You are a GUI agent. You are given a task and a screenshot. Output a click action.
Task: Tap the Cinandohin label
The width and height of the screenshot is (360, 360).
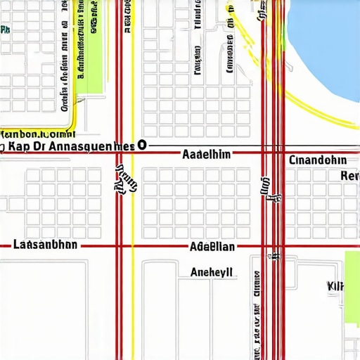(318, 160)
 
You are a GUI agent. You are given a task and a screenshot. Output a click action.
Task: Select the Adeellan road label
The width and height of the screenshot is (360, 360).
(213, 247)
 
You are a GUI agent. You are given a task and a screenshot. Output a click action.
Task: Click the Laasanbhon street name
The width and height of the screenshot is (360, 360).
(46, 245)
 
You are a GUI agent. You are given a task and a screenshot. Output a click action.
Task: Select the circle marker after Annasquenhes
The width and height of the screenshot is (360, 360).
(143, 145)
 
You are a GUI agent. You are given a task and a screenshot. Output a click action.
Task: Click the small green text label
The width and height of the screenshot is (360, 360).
(6, 30)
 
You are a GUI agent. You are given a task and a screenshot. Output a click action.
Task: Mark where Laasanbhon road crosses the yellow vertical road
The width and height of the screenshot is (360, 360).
(132, 246)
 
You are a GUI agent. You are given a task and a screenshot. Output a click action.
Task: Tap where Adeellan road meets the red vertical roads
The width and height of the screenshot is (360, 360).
(273, 246)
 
